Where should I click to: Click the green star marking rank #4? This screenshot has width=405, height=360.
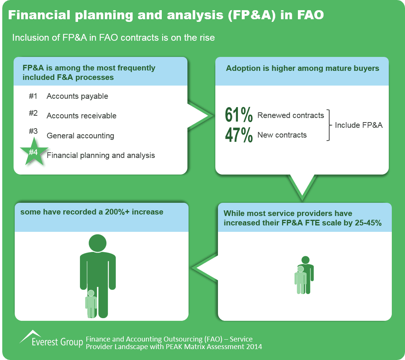(34, 152)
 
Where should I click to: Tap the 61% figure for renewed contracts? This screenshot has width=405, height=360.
(239, 115)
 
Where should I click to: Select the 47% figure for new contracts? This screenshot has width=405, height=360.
(239, 135)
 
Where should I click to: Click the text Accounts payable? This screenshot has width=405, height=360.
(77, 97)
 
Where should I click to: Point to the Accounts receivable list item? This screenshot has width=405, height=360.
(81, 116)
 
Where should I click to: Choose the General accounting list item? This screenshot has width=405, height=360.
(80, 136)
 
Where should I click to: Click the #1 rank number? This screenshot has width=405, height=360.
(33, 96)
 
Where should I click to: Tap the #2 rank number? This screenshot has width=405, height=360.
(33, 113)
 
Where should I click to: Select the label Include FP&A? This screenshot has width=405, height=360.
(359, 125)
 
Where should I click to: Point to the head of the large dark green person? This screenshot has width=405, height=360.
(97, 243)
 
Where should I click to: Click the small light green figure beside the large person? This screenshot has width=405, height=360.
(91, 304)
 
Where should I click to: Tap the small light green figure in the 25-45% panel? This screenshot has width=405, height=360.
(301, 280)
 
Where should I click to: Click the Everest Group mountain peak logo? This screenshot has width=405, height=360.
(30, 336)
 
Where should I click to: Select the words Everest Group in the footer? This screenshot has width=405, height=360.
(57, 342)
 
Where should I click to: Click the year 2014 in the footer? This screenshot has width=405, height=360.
(254, 346)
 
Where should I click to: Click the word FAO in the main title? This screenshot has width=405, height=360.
(310, 15)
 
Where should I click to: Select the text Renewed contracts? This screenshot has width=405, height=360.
(291, 115)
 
